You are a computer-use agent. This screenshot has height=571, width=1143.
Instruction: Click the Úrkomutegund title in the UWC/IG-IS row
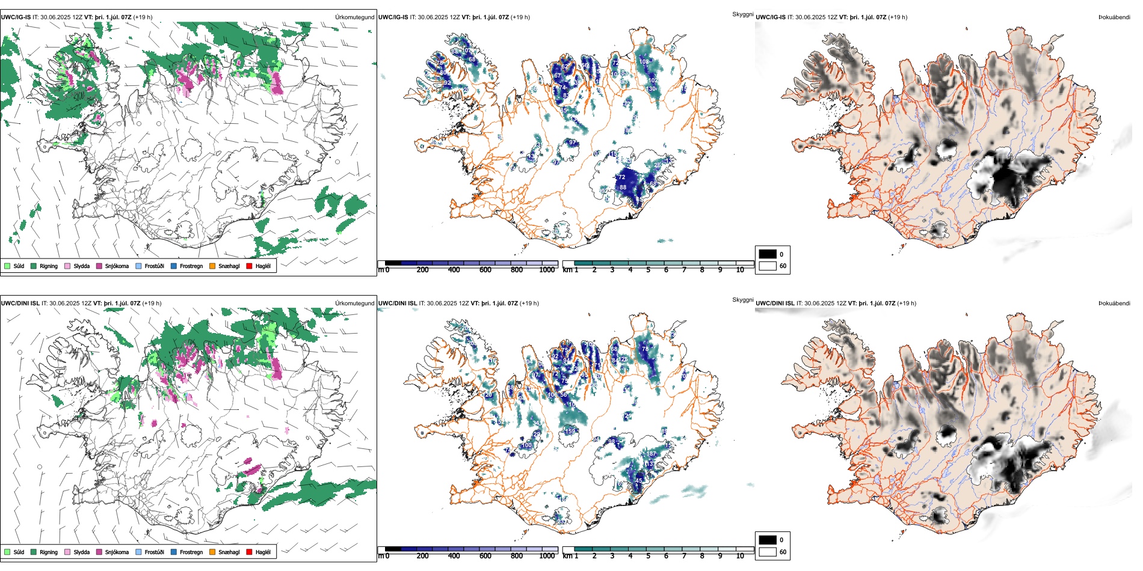(354, 17)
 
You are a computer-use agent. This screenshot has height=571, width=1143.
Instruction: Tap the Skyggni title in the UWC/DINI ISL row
(742, 299)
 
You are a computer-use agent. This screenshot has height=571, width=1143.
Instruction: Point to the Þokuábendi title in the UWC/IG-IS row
(1114, 17)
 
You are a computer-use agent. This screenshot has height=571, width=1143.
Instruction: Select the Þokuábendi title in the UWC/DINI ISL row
(1114, 304)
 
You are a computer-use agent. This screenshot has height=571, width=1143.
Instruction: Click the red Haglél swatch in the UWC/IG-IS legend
(249, 266)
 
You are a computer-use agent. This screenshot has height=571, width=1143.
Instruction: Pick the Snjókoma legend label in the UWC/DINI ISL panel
(117, 552)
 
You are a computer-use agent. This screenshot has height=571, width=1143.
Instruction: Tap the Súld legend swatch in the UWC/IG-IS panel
(7, 266)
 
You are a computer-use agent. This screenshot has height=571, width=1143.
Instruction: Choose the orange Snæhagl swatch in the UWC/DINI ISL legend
(212, 552)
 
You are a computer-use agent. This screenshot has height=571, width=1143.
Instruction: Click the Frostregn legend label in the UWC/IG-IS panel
(191, 266)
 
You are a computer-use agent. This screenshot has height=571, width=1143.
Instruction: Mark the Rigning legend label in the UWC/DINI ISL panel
(49, 552)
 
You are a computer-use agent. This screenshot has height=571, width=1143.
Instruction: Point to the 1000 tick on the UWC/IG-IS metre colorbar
(547, 270)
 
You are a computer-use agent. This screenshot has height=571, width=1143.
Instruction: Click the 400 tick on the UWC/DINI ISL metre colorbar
(454, 556)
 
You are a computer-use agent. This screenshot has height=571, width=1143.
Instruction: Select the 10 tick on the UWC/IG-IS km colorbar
(740, 270)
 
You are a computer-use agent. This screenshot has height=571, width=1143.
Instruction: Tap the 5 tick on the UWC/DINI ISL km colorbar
(649, 556)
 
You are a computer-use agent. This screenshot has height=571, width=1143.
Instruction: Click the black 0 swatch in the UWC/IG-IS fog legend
(768, 254)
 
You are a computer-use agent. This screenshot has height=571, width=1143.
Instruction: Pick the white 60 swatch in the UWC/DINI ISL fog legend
(768, 552)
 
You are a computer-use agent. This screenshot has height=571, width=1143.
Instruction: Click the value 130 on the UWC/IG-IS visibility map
(651, 89)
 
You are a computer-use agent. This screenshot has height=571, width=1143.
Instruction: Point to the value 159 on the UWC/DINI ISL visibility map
(570, 431)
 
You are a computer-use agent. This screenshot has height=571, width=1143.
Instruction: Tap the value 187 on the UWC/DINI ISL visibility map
(652, 454)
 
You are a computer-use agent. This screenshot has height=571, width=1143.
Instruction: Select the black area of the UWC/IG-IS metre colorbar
(393, 263)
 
